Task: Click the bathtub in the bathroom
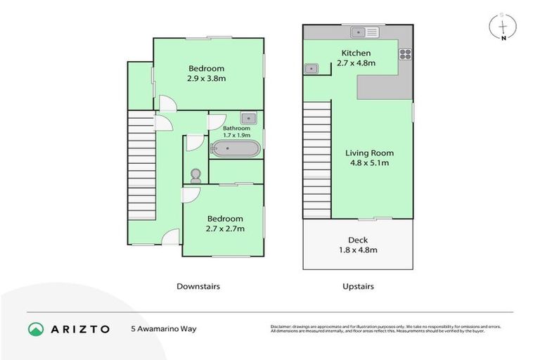[236, 149]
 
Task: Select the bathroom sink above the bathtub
[249, 119]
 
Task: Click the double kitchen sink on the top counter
[366, 31]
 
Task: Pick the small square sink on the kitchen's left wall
[311, 68]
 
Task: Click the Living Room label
[369, 153]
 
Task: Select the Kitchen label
[356, 53]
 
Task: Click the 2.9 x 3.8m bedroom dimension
[206, 79]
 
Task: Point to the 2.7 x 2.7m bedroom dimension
[224, 229]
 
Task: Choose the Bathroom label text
[236, 129]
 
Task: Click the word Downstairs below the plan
[198, 286]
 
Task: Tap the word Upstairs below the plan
[358, 286]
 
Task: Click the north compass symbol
[503, 27]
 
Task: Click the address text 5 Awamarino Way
[164, 328]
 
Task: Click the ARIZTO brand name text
[80, 328]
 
